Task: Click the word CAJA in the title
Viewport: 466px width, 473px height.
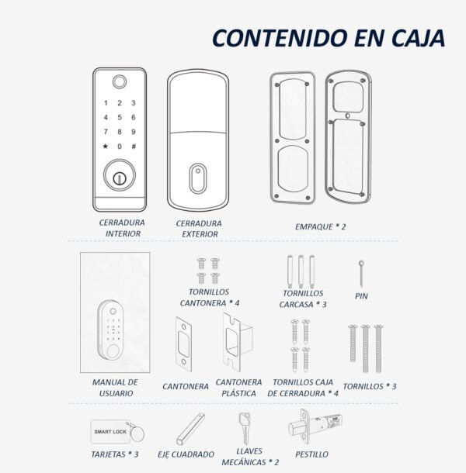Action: point(418,38)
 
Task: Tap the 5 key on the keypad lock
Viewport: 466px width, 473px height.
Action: point(120,117)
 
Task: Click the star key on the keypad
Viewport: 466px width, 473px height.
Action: point(105,147)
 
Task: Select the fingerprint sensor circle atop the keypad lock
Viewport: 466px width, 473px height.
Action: point(120,81)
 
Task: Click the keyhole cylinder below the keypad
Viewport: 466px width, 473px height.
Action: point(120,175)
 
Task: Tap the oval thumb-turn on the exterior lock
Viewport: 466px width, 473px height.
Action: point(198,178)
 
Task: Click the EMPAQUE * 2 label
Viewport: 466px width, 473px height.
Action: point(320,226)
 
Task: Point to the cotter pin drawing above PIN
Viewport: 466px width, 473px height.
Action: point(361,273)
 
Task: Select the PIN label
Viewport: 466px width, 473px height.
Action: point(361,296)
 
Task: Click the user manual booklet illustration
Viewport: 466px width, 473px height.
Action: point(115,312)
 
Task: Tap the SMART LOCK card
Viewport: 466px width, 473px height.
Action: point(110,432)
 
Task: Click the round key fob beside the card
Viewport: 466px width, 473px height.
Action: point(137,433)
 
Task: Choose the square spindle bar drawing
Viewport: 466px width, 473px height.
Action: point(190,429)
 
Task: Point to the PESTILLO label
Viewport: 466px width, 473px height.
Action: point(311,454)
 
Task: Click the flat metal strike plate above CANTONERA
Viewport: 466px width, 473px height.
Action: point(183,344)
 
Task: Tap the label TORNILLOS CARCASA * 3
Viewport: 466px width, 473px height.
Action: point(303,299)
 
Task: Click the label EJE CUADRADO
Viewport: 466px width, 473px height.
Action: point(186,454)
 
